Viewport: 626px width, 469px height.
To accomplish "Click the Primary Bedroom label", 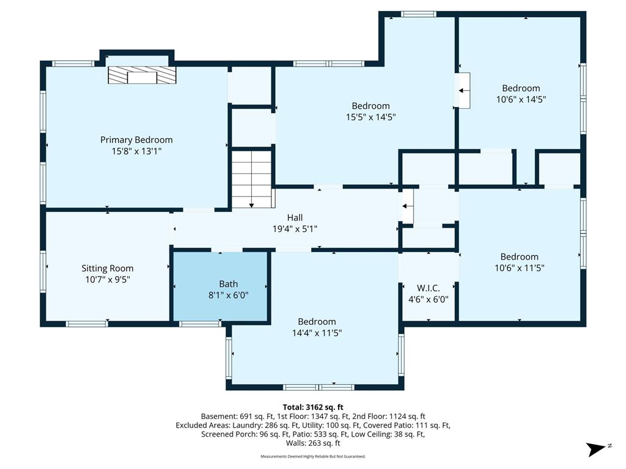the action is click(x=136, y=140).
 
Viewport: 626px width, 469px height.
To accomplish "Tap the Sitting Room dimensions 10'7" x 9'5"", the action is click(x=108, y=280).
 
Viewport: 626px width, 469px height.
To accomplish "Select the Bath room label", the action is click(x=229, y=284).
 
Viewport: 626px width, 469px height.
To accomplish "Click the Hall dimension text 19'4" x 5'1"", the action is click(x=295, y=229).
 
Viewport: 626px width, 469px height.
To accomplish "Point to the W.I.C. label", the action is click(x=429, y=288).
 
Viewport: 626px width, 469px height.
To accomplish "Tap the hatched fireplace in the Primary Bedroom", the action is click(x=142, y=75).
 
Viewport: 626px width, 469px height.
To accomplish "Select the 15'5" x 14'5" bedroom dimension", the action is click(x=371, y=117).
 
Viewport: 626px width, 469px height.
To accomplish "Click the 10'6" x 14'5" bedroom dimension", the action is click(x=521, y=100).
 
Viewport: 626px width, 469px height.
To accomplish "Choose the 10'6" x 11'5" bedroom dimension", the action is click(x=520, y=268).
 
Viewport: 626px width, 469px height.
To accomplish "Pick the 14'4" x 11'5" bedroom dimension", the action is click(x=317, y=333).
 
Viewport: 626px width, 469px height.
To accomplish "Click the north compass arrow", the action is click(x=595, y=449).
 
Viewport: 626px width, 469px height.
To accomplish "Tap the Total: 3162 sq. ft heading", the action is click(x=313, y=407).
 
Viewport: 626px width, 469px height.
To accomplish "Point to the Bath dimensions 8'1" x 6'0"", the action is click(x=229, y=296).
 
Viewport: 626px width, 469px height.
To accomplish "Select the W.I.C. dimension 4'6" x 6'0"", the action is click(x=429, y=299).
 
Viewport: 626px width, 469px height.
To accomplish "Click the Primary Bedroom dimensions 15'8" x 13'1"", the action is click(x=136, y=151).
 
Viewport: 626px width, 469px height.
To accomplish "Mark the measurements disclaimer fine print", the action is click(x=313, y=456).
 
